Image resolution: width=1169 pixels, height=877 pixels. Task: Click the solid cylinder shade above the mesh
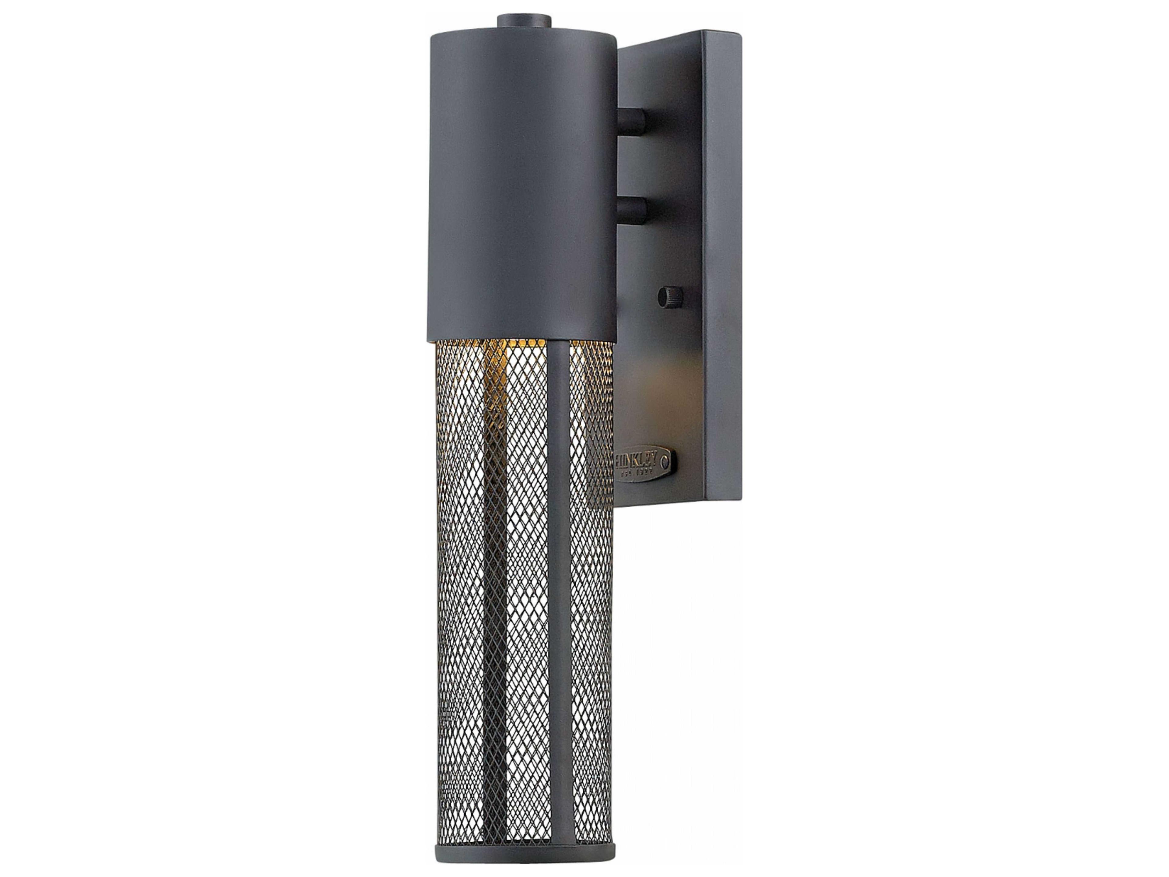[x=521, y=185]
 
